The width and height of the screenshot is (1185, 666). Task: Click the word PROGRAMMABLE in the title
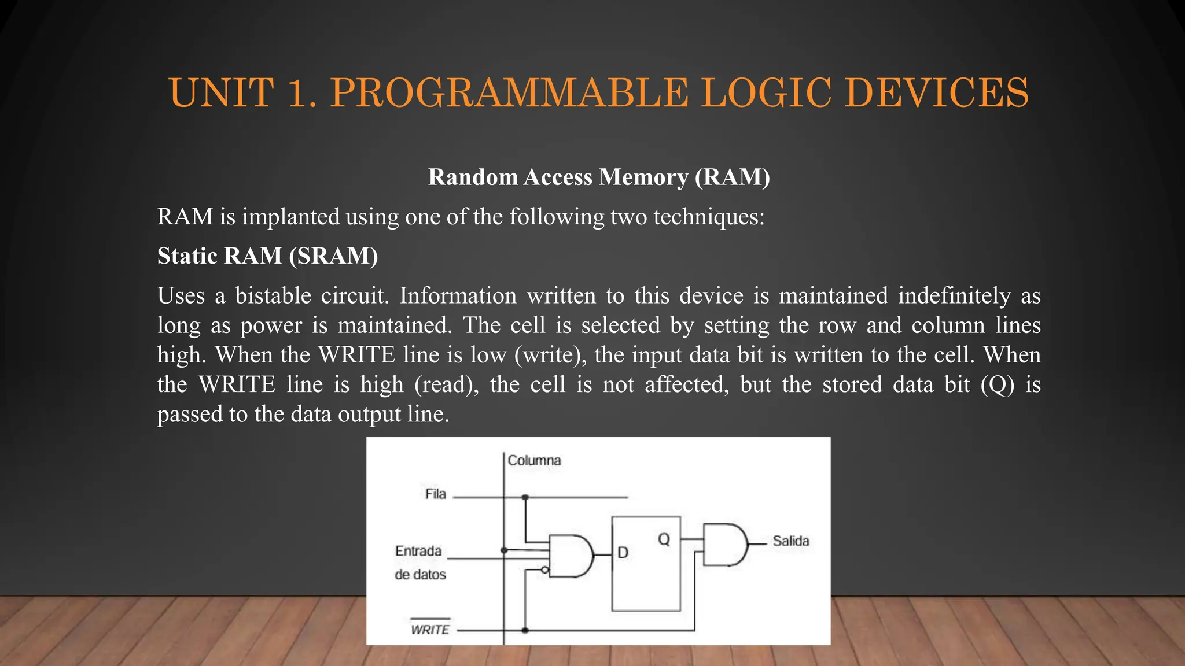(509, 92)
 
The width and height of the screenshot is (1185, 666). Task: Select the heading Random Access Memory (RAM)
(599, 177)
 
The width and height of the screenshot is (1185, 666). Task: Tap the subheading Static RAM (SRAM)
(267, 256)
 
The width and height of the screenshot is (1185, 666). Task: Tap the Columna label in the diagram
(534, 460)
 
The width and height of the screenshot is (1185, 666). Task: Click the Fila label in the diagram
(436, 494)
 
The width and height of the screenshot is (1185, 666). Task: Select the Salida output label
(791, 541)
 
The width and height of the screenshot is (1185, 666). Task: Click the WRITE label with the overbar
(430, 629)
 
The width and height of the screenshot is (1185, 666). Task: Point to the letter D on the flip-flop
(623, 553)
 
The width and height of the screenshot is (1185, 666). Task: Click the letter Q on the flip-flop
(664, 539)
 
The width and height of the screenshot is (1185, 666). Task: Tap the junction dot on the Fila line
(525, 497)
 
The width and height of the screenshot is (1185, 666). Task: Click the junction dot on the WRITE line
(525, 630)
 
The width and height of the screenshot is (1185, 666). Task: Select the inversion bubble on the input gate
(544, 570)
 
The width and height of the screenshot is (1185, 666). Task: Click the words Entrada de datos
(420, 563)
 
